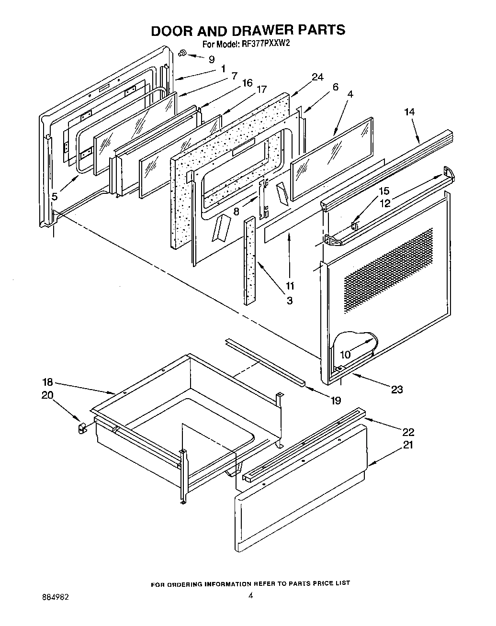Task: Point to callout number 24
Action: pos(317,78)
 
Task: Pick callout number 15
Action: pos(384,191)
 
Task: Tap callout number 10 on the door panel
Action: pos(345,355)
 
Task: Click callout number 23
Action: pos(397,390)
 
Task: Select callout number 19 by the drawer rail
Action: pos(336,400)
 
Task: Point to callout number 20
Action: pos(47,395)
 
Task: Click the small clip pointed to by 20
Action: pos(81,427)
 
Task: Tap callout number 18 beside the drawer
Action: pos(47,383)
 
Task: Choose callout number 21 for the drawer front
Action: pos(408,445)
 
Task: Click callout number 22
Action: pos(408,432)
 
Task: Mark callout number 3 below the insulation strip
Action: pos(290,301)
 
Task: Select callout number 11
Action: pos(290,286)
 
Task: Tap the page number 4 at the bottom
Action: pos(250,596)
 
